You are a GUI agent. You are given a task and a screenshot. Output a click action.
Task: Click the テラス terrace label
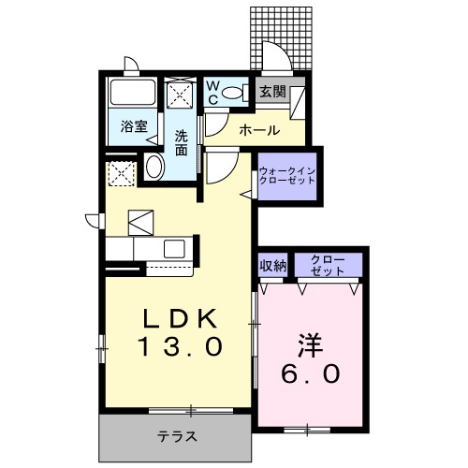[175, 436]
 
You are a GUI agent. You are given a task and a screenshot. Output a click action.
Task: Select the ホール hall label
[257, 129]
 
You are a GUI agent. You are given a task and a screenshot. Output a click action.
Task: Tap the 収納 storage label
[272, 265]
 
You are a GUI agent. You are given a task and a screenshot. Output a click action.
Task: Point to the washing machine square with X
[178, 95]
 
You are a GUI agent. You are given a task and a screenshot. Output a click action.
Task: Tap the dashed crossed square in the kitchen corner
[119, 173]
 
